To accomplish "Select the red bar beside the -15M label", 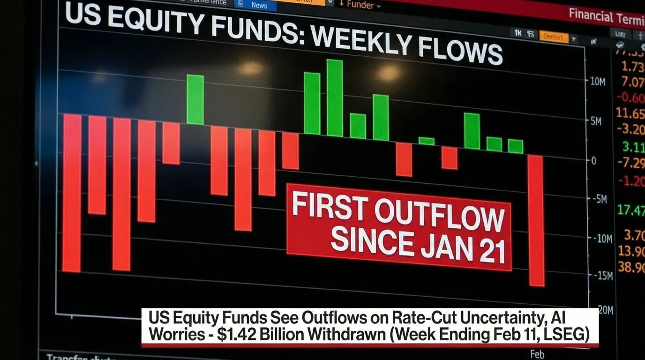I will tap(536, 220).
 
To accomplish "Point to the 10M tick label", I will tap(598, 82).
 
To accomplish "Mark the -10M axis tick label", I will tap(601, 239).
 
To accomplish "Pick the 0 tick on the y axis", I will tap(594, 161).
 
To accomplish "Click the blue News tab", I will tap(258, 5).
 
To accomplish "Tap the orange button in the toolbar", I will tap(554, 37).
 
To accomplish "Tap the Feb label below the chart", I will tap(537, 354).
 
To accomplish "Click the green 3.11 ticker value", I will tap(634, 147).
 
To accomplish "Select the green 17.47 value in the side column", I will tap(631, 210).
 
